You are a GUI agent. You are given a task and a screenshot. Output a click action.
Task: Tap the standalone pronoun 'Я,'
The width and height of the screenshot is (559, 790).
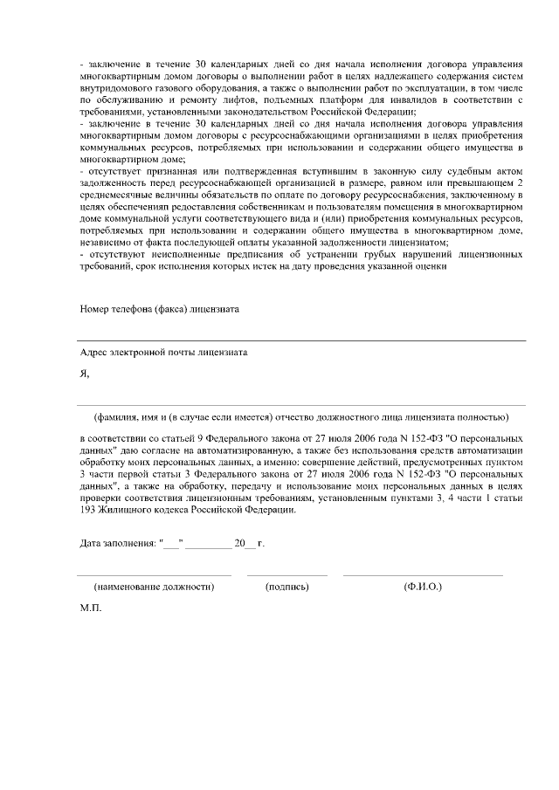(x=85, y=374)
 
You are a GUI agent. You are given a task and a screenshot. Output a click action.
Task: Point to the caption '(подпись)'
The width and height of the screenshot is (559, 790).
(x=287, y=587)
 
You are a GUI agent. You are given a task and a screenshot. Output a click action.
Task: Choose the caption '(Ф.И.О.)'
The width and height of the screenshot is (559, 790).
(x=423, y=587)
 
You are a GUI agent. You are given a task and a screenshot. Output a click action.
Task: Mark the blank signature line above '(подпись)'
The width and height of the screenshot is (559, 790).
(x=287, y=575)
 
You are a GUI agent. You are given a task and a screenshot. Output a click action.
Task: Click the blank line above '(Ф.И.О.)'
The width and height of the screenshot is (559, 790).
(x=423, y=575)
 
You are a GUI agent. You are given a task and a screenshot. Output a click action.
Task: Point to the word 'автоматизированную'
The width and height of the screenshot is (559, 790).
(x=224, y=443)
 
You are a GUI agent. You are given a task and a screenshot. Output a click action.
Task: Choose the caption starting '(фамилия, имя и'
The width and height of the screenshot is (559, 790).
(x=301, y=416)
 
